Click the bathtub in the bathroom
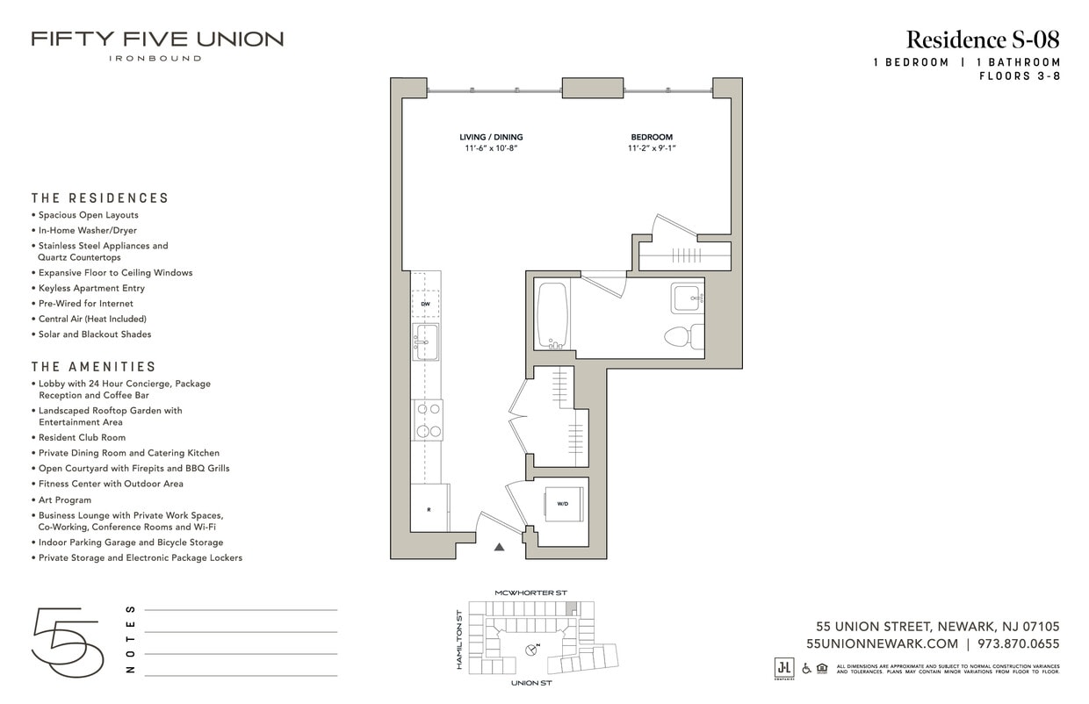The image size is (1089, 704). click(x=552, y=316)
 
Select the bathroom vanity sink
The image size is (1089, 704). click(x=687, y=298)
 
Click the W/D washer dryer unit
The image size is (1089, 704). click(x=563, y=504)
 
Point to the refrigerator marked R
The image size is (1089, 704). click(x=429, y=508)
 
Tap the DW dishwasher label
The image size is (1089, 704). click(x=425, y=304)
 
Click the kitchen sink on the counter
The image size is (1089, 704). click(x=426, y=341)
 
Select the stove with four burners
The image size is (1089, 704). click(x=428, y=420)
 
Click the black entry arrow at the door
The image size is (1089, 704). click(x=500, y=547)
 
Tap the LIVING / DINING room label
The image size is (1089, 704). click(x=491, y=137)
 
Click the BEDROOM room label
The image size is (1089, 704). click(x=652, y=137)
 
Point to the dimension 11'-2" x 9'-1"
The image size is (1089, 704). click(x=652, y=149)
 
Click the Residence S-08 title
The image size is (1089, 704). click(x=983, y=40)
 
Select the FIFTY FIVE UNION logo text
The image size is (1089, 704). click(x=157, y=40)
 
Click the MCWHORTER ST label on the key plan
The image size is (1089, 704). click(x=530, y=593)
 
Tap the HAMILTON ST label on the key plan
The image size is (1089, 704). click(x=458, y=640)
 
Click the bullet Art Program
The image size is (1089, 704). click(x=65, y=499)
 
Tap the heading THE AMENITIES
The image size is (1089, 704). click(x=94, y=367)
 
